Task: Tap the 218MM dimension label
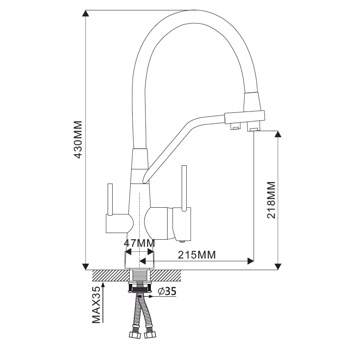(271, 200)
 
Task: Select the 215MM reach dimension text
(197, 255)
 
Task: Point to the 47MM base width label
(139, 243)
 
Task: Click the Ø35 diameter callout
(167, 291)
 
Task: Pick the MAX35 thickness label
(96, 305)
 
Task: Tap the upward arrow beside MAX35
(104, 302)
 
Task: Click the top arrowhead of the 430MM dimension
(86, 13)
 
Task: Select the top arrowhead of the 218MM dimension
(278, 134)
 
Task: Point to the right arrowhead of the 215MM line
(251, 261)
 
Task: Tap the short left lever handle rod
(110, 199)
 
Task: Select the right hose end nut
(150, 335)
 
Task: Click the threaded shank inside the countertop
(140, 276)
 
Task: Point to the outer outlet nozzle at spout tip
(253, 127)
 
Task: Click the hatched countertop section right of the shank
(165, 276)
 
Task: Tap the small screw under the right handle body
(182, 241)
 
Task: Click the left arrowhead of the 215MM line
(143, 261)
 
